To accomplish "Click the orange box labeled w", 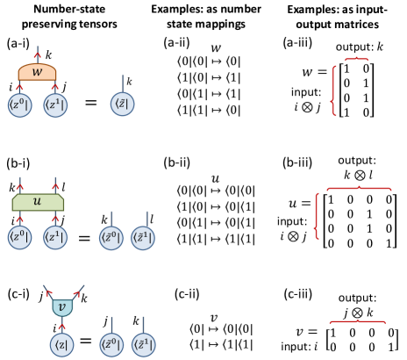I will [37, 73].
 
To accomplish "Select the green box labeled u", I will [37, 202].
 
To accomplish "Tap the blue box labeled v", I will [62, 307].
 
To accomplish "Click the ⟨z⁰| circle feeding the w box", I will [19, 105].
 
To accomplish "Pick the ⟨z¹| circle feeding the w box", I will [55, 105].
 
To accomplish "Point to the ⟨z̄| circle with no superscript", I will [123, 104].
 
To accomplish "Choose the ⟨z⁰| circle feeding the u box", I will [19, 237].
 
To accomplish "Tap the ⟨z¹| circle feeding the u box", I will [55, 237].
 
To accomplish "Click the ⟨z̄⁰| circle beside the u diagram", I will [111, 238].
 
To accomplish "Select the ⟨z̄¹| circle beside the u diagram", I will [143, 238].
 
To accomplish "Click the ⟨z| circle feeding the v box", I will [61, 345].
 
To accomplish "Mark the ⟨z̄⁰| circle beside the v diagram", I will [111, 344].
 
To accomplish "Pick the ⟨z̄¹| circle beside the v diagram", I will [143, 344].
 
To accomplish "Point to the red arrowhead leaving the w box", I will [38, 55].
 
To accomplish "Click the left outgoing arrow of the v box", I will [49, 292].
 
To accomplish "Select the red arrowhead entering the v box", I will [61, 327].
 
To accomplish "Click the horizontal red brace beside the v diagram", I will [357, 321].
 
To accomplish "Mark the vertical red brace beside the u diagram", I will [317, 216].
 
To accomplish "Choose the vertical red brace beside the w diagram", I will [333, 90].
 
